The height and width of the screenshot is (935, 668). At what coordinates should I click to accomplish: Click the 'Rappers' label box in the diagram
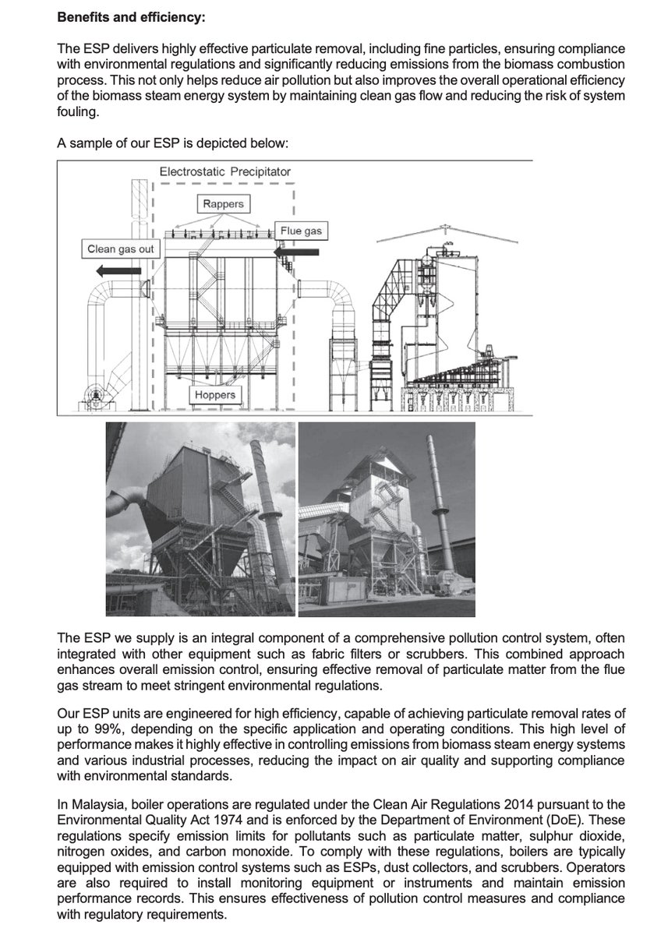coord(223,204)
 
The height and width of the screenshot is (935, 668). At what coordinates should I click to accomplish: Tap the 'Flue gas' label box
coord(301,231)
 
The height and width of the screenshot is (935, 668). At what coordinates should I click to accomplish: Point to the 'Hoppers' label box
coord(214,395)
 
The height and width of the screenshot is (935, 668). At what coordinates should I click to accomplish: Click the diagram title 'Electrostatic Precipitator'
coord(225,171)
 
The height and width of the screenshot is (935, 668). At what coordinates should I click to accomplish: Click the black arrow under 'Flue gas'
coord(298,252)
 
